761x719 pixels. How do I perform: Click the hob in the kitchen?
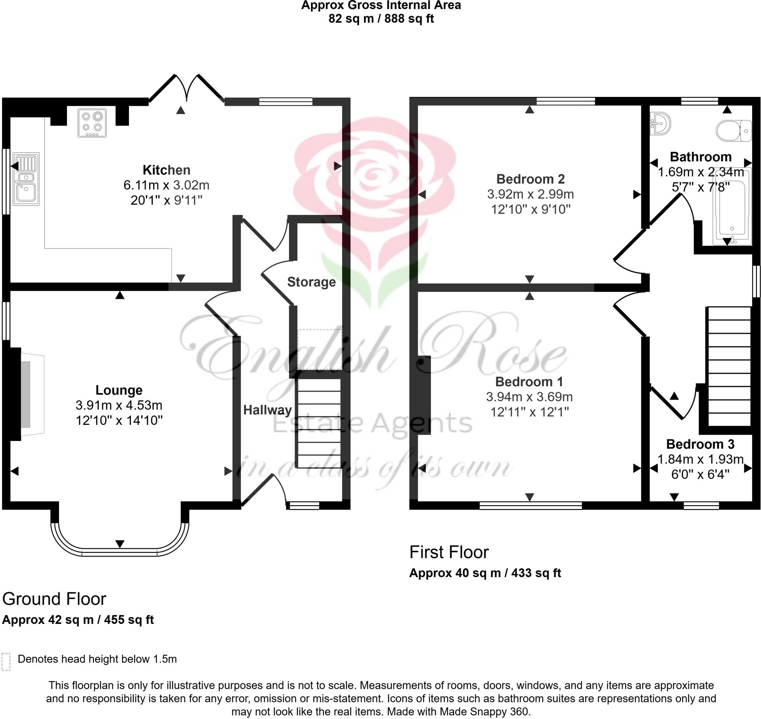(x=92, y=123)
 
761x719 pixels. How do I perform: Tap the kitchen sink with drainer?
(x=26, y=179)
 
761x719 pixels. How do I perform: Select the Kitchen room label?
(x=166, y=170)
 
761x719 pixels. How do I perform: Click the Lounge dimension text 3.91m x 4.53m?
(x=119, y=405)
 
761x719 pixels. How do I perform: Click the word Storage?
(x=311, y=282)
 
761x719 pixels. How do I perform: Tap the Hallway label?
(x=267, y=410)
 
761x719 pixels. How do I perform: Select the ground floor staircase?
(x=319, y=423)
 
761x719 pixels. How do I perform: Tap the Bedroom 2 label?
(x=530, y=179)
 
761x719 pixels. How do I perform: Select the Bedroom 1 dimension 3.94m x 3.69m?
(x=529, y=397)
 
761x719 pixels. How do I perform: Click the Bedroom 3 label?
(x=700, y=444)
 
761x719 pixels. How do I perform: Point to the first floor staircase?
(x=728, y=366)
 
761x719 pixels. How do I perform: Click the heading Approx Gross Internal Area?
(x=381, y=5)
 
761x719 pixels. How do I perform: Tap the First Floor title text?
(x=449, y=552)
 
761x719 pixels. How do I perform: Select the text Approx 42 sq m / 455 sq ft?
(x=78, y=620)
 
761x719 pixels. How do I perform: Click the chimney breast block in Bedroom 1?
(x=424, y=395)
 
